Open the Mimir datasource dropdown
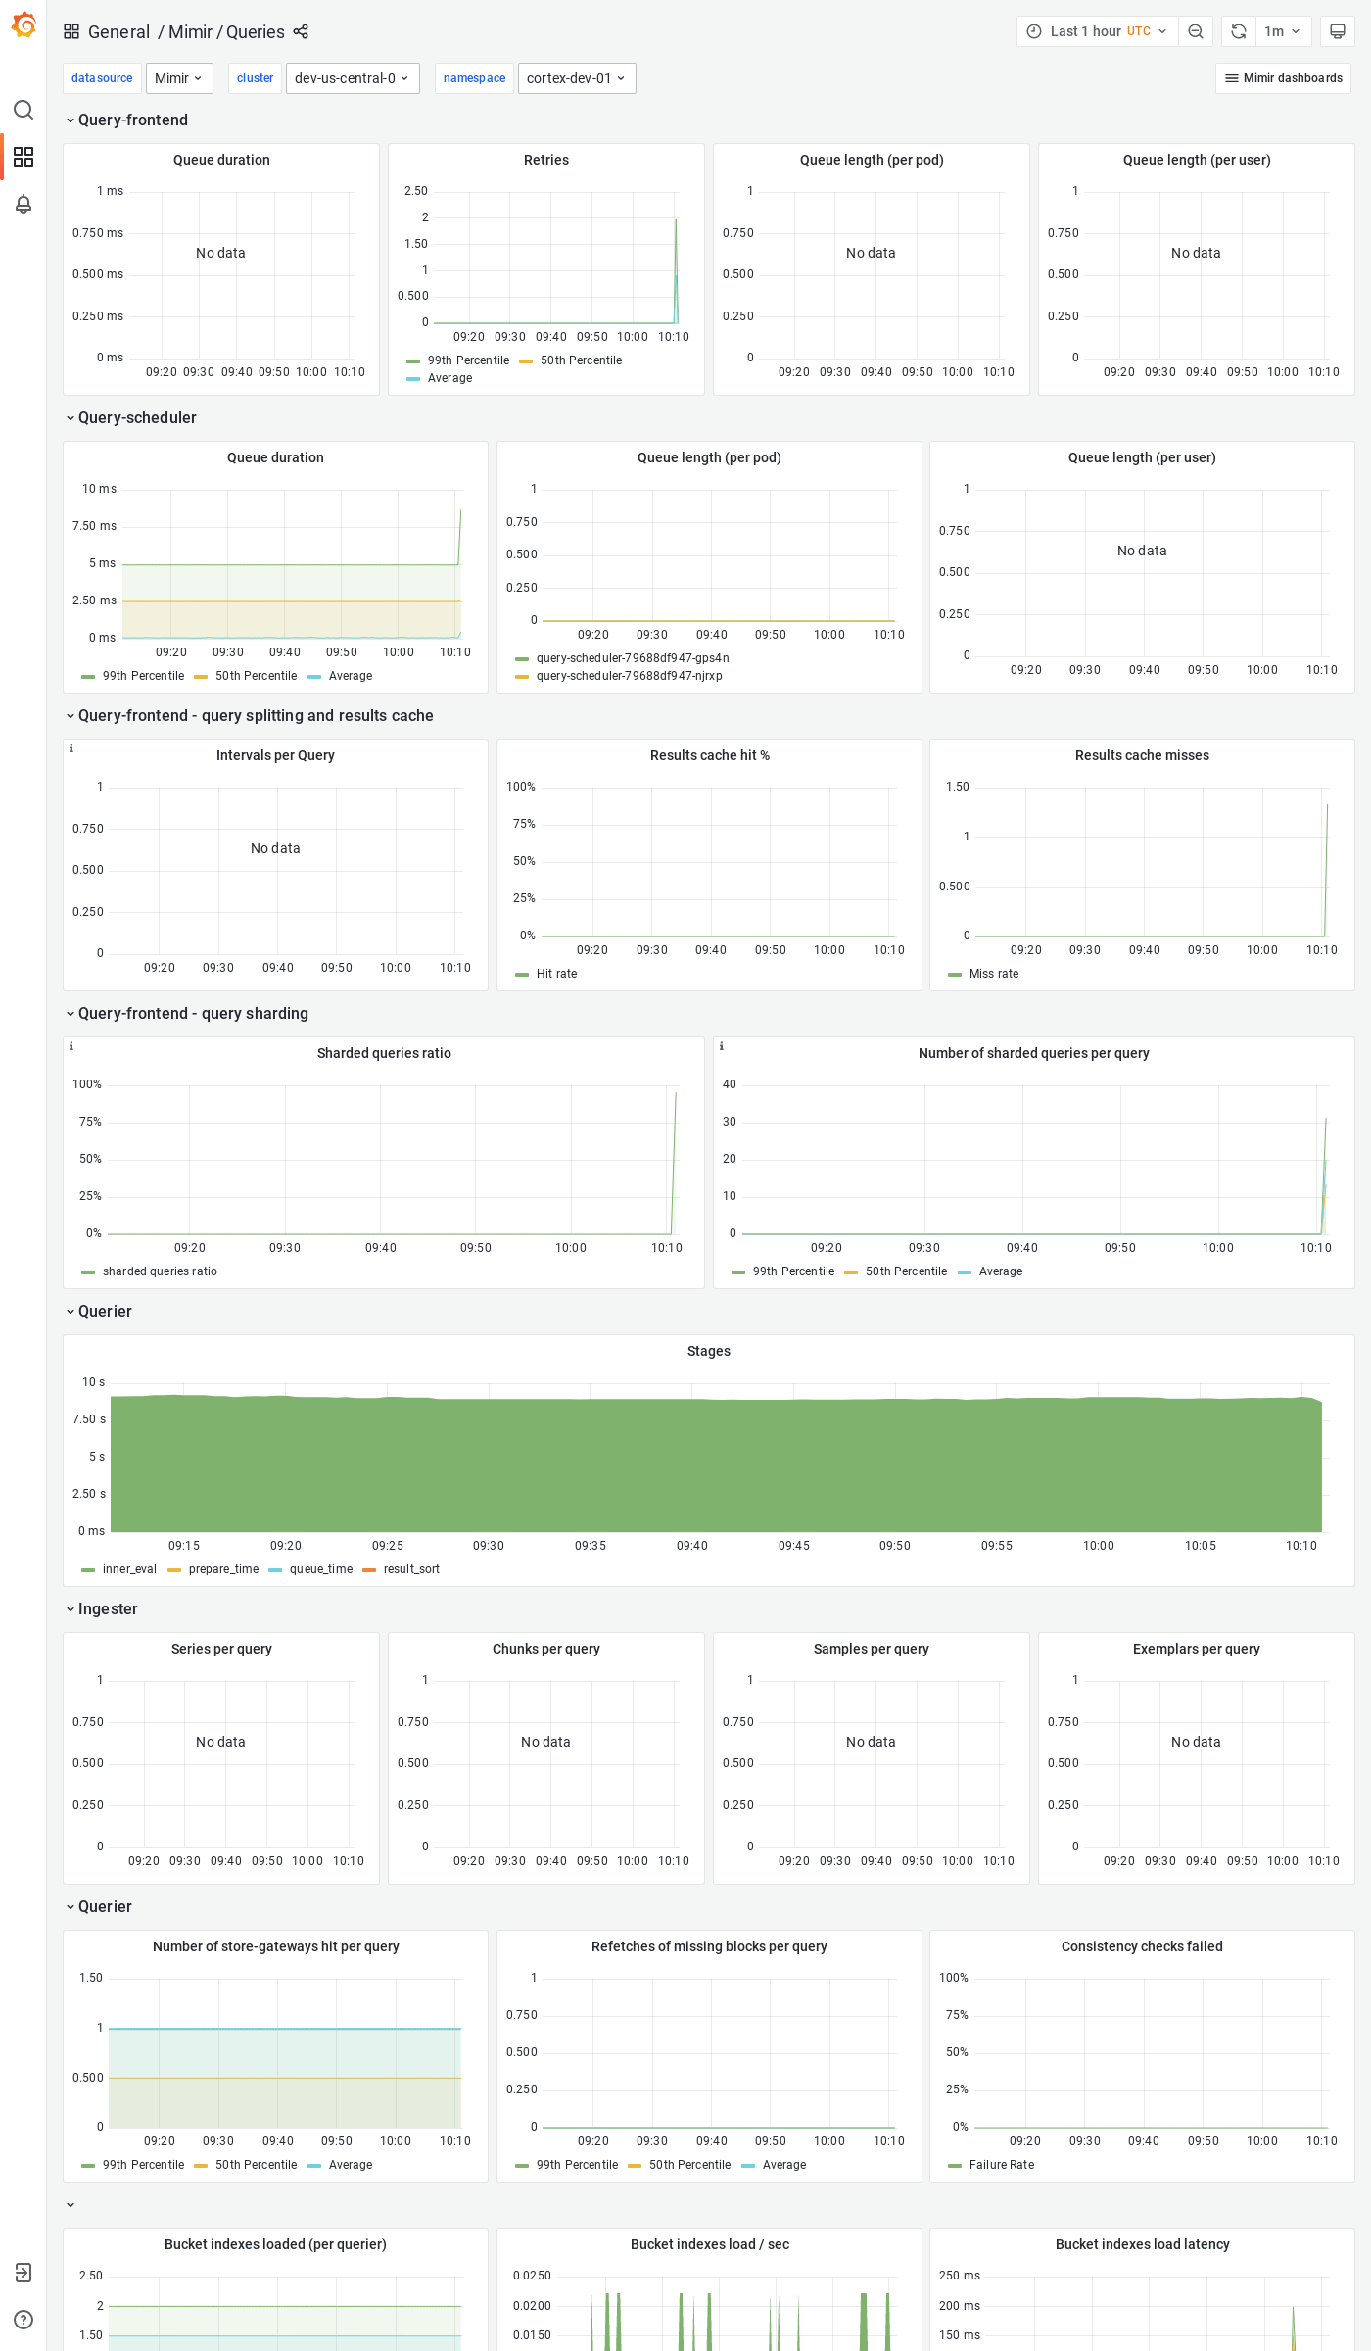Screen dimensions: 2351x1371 179,78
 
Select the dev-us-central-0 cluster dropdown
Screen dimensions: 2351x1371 352,78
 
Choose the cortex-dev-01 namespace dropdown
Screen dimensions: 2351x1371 576,78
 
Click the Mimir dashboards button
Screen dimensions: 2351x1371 1283,78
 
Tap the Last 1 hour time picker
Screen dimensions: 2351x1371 1097,31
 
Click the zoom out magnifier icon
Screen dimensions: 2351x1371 1196,31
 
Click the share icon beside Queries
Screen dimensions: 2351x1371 301,31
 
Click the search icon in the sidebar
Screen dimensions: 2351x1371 24,110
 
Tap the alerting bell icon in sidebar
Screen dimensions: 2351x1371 24,204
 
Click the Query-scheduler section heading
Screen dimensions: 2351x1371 137,418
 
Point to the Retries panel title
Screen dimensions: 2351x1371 546,160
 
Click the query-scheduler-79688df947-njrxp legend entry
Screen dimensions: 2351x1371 629,676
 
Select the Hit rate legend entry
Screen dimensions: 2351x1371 556,974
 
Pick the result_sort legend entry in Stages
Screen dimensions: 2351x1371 411,1569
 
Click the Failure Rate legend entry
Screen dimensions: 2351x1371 1001,2165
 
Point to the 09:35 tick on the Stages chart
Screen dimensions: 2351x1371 591,1546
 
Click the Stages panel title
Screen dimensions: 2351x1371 709,1351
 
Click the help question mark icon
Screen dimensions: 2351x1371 24,2320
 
